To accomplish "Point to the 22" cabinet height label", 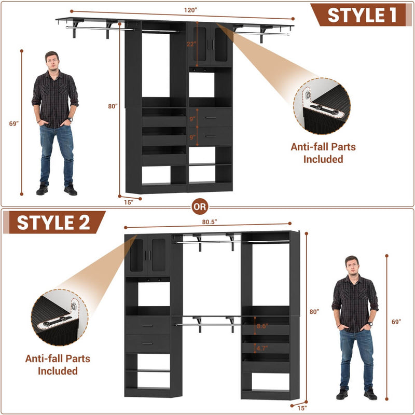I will (x=191, y=44).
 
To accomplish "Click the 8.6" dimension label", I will (x=263, y=327).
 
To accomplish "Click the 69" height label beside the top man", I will (x=13, y=123).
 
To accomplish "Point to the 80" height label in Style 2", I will (x=314, y=312).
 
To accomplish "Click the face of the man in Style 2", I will (x=352, y=266).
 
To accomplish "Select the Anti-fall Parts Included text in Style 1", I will (x=323, y=153).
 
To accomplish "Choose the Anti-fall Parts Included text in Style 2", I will (x=58, y=364).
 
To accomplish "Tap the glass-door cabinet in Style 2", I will (x=148, y=255).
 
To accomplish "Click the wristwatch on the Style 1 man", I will (x=70, y=120).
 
